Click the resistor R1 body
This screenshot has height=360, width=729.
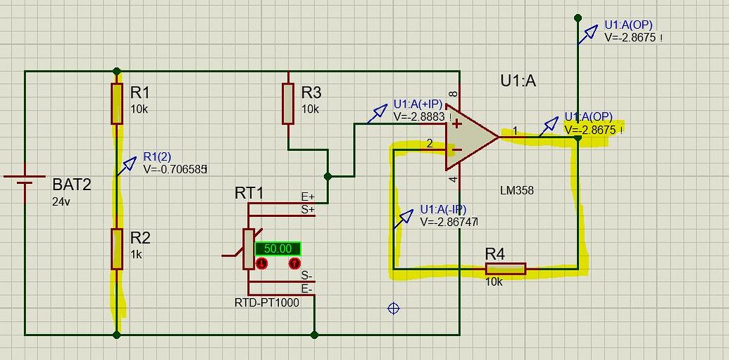(117, 104)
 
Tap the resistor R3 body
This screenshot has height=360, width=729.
(287, 104)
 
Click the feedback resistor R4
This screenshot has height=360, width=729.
(505, 268)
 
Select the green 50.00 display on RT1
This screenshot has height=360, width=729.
(278, 248)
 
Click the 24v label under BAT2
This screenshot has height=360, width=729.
(61, 201)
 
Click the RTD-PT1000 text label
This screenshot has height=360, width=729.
(266, 302)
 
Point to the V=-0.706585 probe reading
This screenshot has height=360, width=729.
(175, 169)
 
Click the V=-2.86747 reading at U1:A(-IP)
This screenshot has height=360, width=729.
(449, 221)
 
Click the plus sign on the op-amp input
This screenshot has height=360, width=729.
(457, 124)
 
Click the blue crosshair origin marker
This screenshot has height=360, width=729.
(394, 308)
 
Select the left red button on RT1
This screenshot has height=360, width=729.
(261, 263)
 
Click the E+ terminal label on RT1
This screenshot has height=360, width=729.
(308, 197)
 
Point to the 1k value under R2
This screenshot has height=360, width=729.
(136, 254)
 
